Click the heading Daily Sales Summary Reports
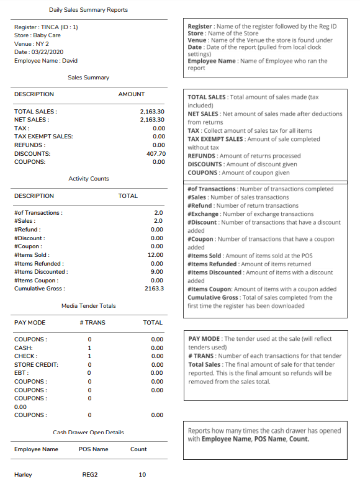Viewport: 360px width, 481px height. pos(89,10)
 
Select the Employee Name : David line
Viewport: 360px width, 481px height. pos(46,61)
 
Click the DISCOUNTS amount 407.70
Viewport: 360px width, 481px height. pos(156,153)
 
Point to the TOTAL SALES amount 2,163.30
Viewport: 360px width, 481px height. pos(151,111)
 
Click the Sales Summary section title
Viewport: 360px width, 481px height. pos(88,78)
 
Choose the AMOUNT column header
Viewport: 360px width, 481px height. pos(131,94)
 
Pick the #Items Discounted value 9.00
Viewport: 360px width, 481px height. pos(157,272)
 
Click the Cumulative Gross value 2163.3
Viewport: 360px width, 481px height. pos(154,289)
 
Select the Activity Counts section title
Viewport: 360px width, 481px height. pos(88,179)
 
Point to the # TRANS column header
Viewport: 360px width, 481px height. pos(92,323)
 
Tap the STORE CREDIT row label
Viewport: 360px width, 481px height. pos(35,365)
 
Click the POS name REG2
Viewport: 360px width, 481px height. pos(90,475)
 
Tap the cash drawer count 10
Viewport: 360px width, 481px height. pos(142,475)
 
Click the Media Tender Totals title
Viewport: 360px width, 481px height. pos(88,306)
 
